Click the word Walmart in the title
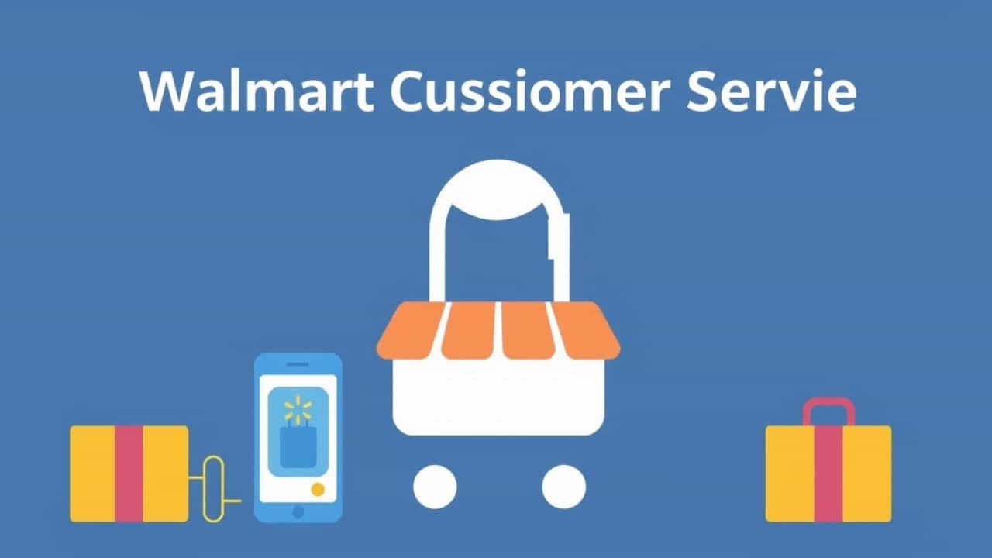point(255,92)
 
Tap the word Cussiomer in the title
point(528,92)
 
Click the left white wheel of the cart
point(435,487)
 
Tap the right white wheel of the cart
point(563,487)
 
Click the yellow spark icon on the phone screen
point(297,408)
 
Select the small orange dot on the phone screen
point(317,489)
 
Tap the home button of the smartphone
point(298,512)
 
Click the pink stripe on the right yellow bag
point(828,473)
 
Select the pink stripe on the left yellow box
point(129,473)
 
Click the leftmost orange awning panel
point(412,331)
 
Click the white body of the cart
point(498,395)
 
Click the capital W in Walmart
point(165,92)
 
